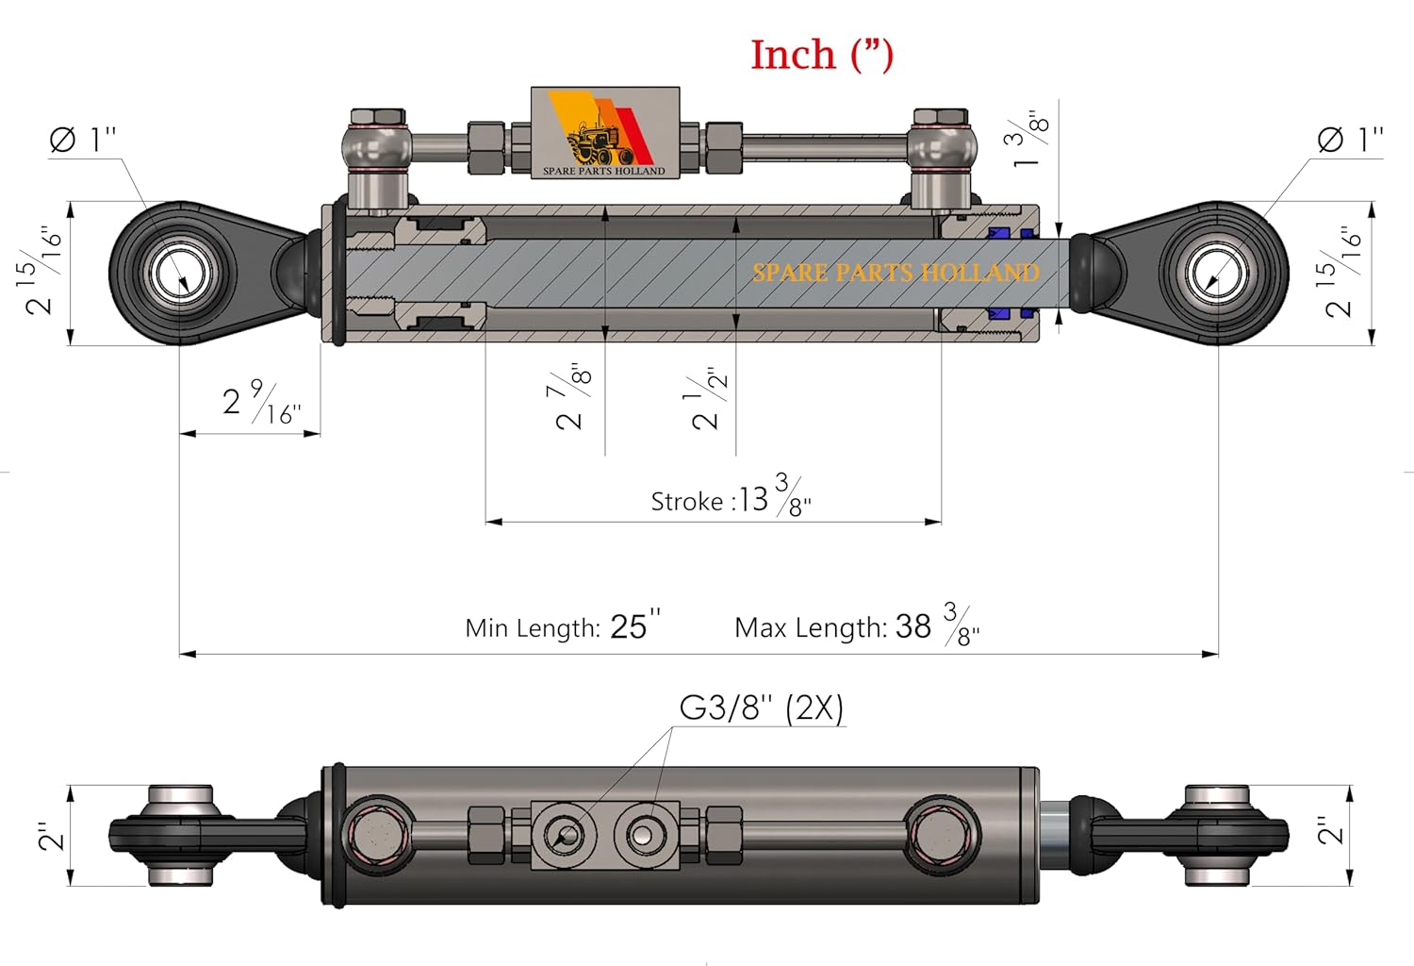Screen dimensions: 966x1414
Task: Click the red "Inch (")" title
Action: [821, 55]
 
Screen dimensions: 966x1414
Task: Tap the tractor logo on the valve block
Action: [600, 140]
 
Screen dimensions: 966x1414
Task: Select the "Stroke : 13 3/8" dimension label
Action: [731, 497]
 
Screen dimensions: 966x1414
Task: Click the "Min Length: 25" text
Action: [562, 626]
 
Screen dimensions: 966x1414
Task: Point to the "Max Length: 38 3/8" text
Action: [856, 626]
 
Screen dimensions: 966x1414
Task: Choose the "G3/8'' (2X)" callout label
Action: [761, 708]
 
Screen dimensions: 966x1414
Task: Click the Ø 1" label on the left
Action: [83, 140]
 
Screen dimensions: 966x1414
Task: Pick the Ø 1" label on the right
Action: [1350, 140]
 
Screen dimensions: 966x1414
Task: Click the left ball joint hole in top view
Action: [179, 274]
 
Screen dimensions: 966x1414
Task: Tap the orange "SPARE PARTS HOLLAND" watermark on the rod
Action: [895, 273]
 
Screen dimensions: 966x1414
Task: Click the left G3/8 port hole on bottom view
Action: [566, 834]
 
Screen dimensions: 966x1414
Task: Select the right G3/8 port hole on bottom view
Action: [645, 834]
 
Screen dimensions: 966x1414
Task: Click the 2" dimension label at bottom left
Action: [50, 835]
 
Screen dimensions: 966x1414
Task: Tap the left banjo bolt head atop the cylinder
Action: [378, 119]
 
